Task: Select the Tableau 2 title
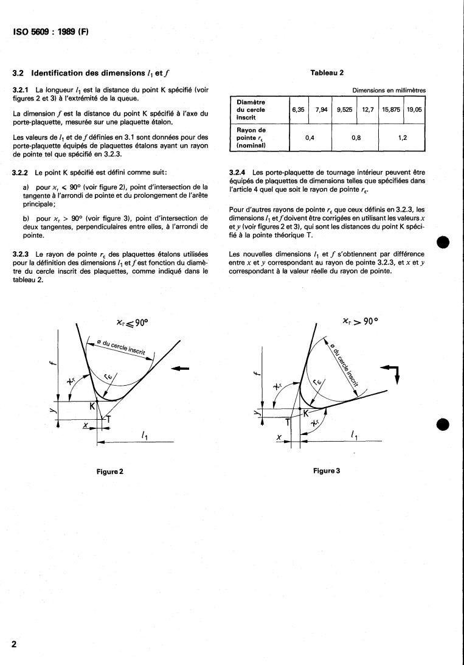pyautogui.click(x=327, y=72)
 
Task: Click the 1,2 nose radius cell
pyautogui.click(x=401, y=138)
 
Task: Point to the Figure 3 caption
pyautogui.click(x=327, y=471)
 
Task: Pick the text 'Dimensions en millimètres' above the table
pyautogui.click(x=389, y=91)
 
